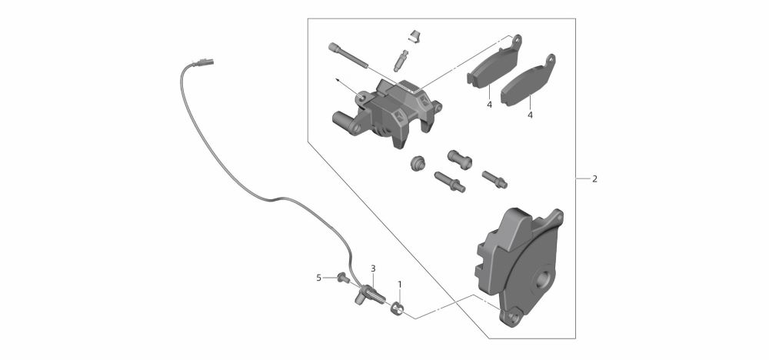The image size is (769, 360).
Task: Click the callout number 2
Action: point(594,179)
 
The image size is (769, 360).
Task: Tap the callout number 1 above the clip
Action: point(400,285)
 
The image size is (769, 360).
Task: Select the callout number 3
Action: point(373,268)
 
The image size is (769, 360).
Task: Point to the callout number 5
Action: point(319,278)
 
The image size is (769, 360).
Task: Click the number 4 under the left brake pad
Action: point(489,105)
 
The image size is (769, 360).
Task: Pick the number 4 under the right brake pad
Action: point(530,115)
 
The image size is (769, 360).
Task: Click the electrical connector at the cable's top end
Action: point(204,62)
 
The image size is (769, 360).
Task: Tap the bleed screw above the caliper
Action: point(400,60)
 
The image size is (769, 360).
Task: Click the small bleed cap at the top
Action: point(415,36)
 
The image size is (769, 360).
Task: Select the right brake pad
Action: point(528,80)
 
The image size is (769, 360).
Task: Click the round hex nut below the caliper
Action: point(418,163)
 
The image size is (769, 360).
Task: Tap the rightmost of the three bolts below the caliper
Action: point(494,179)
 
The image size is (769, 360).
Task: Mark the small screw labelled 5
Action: point(343,278)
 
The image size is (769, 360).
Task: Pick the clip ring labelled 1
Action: point(398,309)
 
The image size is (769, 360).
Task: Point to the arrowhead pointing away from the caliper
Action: point(338,79)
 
